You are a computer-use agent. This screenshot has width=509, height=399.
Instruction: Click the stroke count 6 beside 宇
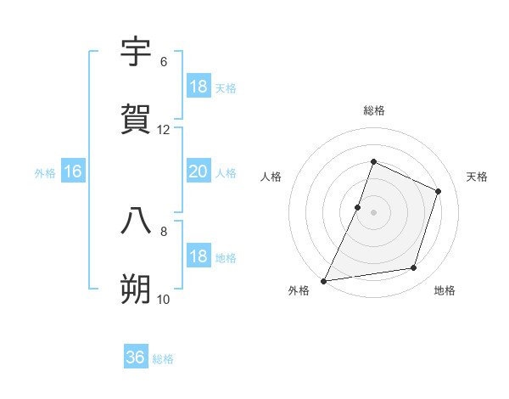(x=164, y=62)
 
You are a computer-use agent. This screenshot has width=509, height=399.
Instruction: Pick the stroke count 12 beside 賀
(x=164, y=130)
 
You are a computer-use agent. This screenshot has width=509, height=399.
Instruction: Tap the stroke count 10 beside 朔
(x=164, y=300)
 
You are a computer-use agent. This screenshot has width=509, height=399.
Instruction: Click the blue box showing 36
(x=136, y=357)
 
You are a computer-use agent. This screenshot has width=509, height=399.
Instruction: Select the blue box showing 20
(x=199, y=171)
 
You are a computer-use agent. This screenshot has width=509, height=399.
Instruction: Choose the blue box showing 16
(x=73, y=171)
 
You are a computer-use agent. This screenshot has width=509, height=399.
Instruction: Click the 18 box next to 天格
(x=199, y=87)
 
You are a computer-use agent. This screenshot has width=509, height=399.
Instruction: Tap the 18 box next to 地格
(x=199, y=257)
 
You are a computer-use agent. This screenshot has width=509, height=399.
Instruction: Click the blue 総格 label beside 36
(x=164, y=359)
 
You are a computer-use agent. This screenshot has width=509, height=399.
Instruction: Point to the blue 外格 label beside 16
(x=45, y=173)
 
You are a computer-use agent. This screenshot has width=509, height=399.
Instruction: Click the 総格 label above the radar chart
(x=373, y=110)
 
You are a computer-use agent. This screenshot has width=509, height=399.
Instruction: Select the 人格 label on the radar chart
(x=271, y=177)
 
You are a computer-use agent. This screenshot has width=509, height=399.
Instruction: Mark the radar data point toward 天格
(x=439, y=191)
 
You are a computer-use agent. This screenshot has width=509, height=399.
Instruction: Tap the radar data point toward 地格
(x=414, y=268)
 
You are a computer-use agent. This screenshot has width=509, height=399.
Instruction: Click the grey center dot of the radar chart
(x=373, y=212)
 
